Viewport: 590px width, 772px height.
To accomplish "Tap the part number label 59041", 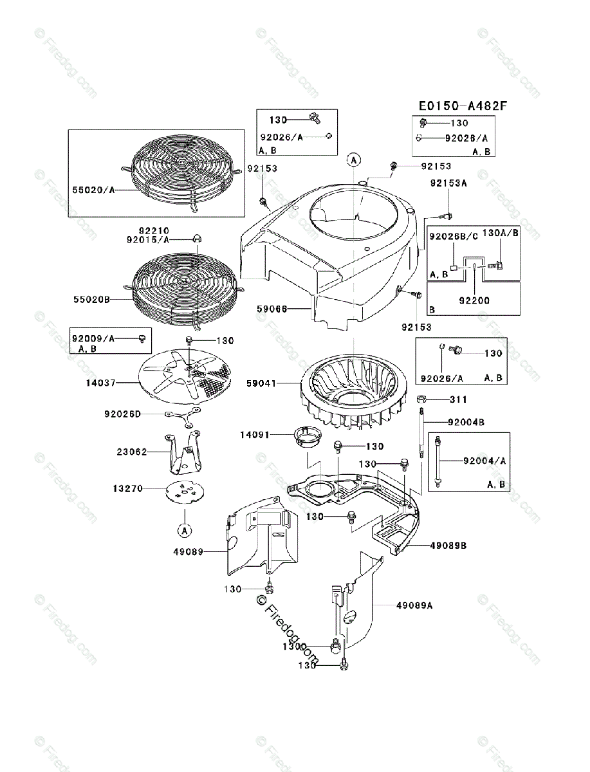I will [261, 383].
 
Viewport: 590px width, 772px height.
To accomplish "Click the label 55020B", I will [91, 300].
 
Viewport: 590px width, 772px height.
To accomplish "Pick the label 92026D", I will [122, 414].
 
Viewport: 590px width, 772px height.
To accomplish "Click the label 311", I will [458, 400].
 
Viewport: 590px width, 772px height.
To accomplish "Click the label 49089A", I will [414, 605].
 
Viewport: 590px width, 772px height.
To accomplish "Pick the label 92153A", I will [448, 183].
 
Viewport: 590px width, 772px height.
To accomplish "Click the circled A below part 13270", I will [184, 530].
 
